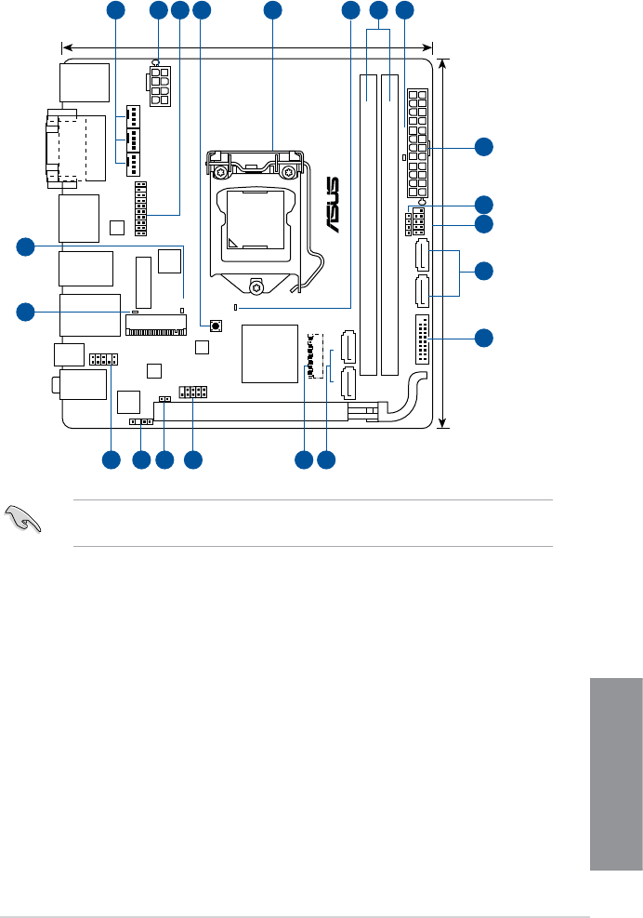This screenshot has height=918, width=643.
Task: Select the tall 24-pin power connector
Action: point(417,142)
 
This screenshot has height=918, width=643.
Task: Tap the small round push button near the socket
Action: point(216,326)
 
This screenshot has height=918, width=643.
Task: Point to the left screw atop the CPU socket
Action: point(222,172)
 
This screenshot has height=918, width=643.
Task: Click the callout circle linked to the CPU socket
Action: point(271,11)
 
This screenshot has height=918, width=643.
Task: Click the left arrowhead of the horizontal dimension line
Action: point(63,45)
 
